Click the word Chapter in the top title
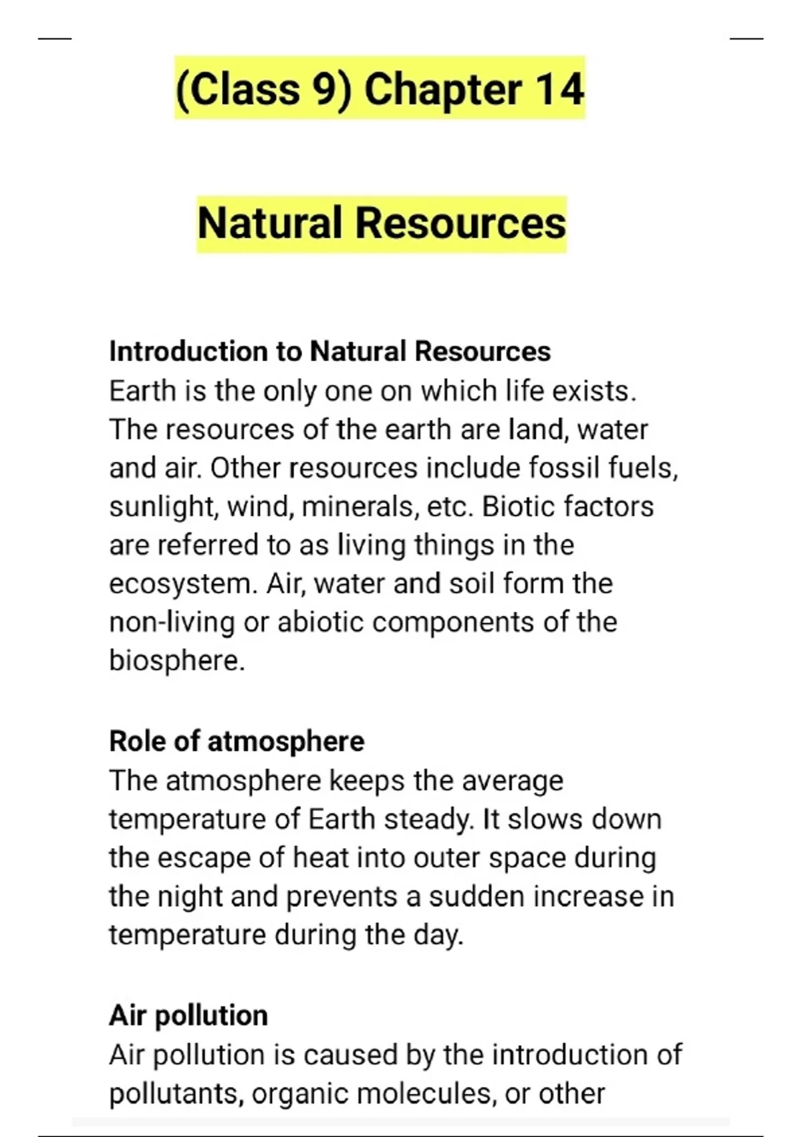pos(442,89)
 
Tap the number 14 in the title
pos(559,89)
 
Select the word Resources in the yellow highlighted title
pos(460,223)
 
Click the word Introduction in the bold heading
pos(188,351)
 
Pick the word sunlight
pos(163,506)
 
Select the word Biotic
pos(519,506)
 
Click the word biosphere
pos(176,661)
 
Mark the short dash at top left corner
pos(55,39)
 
